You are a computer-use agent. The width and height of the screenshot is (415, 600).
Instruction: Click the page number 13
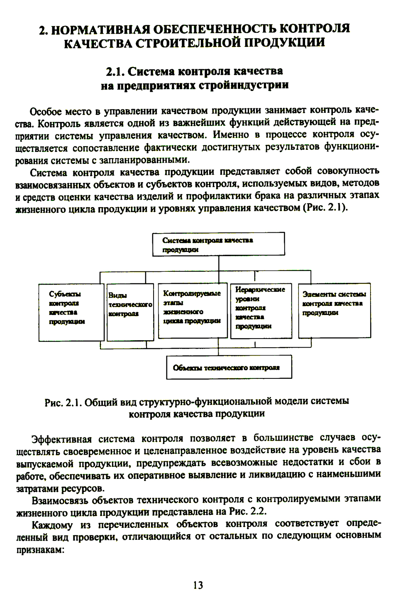coord(198,585)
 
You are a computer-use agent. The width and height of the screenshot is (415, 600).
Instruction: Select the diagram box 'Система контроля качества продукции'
coord(218,244)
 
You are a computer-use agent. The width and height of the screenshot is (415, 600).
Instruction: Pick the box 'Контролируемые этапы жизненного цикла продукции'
coord(193,310)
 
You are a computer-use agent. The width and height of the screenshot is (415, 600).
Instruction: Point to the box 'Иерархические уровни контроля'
coord(261,310)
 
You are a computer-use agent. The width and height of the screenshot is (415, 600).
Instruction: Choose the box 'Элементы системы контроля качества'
coord(334,310)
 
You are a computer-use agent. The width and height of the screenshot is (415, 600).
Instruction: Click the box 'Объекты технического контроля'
coord(229,367)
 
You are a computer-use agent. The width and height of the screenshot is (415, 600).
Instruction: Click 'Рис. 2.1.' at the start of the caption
coord(63,402)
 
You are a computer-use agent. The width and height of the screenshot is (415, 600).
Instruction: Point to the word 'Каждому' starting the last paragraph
coord(52,525)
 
